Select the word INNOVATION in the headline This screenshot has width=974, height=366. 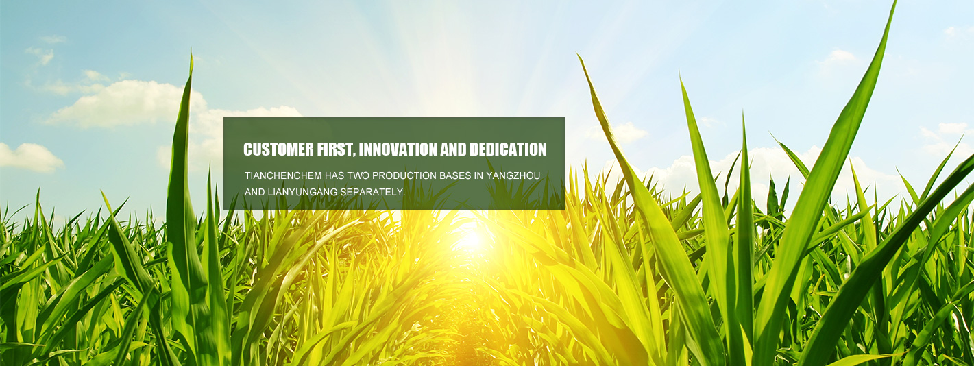click(398, 149)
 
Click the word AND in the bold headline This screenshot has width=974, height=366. click(453, 149)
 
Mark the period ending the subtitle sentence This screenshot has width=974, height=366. click(404, 195)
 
